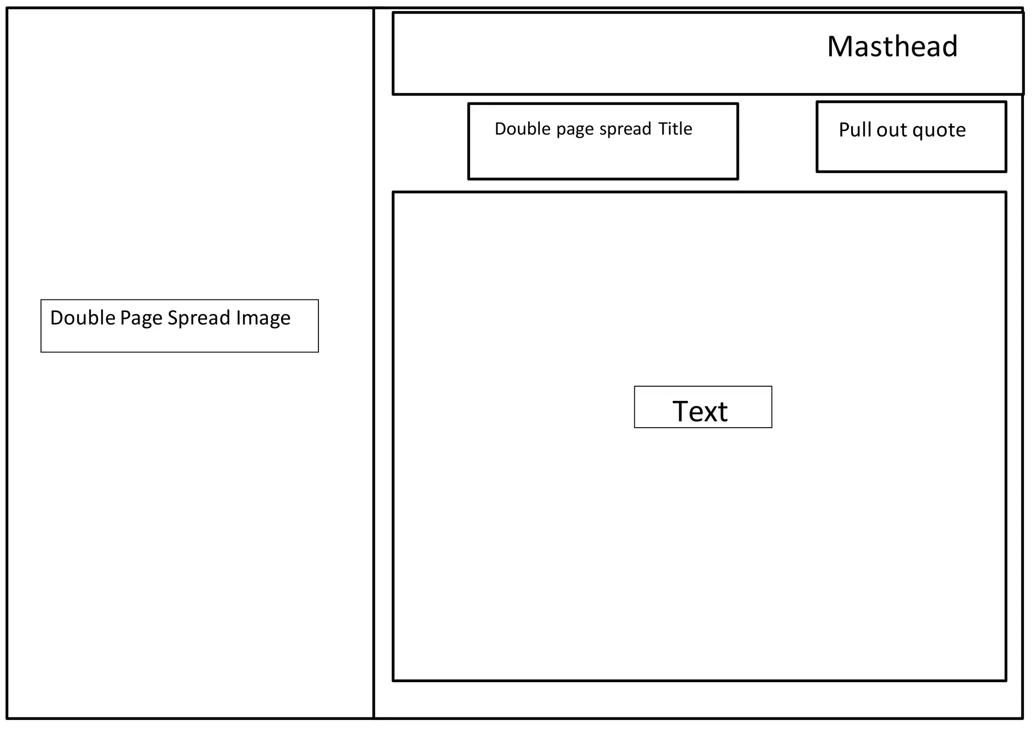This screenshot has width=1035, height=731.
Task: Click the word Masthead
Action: point(892,46)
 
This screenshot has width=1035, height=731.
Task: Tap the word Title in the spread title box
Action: point(675,129)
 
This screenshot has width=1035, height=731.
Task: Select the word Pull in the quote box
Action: point(855,130)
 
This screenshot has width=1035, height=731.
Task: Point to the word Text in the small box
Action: point(700,411)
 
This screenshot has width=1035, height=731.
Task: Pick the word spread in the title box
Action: point(625,129)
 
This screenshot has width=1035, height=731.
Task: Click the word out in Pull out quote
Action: point(892,130)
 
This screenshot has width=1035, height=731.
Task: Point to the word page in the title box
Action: point(575,130)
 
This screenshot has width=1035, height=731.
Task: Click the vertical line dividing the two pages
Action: point(373,454)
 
